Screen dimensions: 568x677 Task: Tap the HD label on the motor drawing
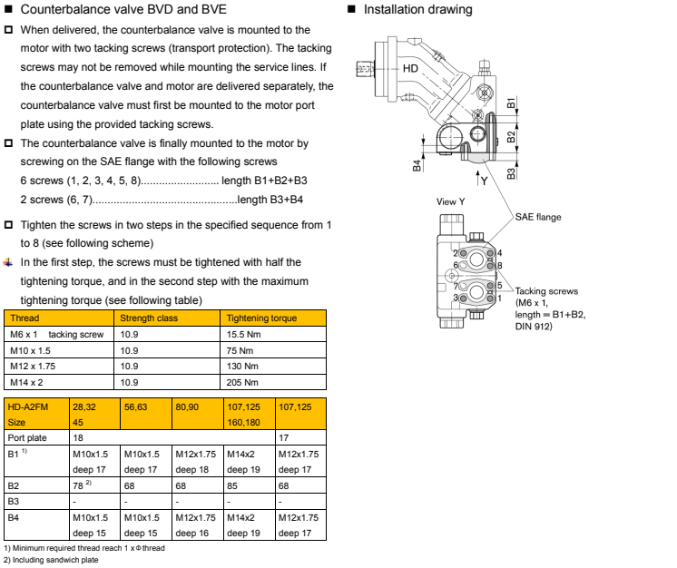411,67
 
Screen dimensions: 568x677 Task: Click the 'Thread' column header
23,318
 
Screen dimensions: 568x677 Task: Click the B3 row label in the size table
15,499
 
